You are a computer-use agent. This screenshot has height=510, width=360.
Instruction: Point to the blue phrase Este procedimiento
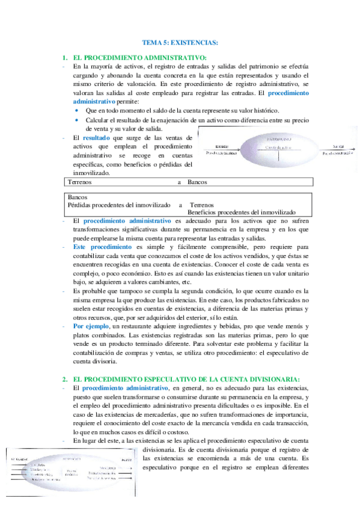pyautogui.click(x=102, y=247)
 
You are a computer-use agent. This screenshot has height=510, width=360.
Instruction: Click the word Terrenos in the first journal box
pyautogui.click(x=81, y=181)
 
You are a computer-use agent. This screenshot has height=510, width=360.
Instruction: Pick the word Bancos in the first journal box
pyautogui.click(x=198, y=181)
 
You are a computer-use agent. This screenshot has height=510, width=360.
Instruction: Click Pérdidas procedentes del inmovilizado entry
pyautogui.click(x=119, y=205)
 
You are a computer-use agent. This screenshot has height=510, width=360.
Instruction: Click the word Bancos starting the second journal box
pyautogui.click(x=78, y=197)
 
